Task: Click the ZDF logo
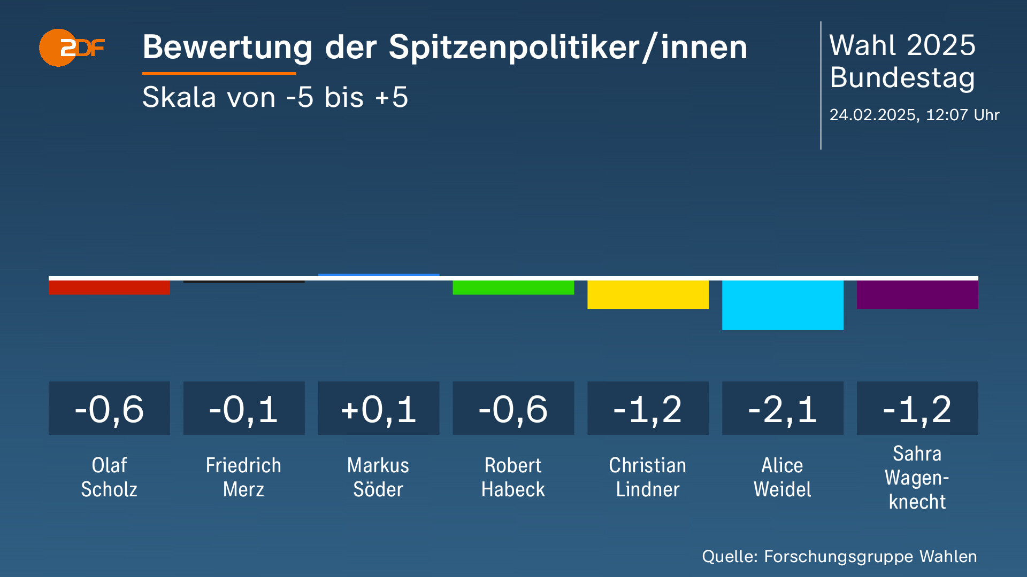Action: click(x=71, y=48)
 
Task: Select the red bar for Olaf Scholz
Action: click(x=109, y=287)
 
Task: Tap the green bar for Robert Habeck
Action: click(x=513, y=287)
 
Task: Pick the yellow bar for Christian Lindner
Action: click(x=648, y=294)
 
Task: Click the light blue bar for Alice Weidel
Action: click(x=783, y=305)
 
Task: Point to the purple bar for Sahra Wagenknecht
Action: click(x=917, y=294)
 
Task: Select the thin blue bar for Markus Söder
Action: click(x=379, y=275)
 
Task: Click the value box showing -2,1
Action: click(x=783, y=409)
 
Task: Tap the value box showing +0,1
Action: click(x=379, y=409)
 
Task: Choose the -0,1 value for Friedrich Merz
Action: click(x=244, y=409)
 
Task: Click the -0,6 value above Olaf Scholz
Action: click(x=109, y=409)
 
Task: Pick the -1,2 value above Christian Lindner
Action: click(x=648, y=409)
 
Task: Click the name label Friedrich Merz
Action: click(x=244, y=477)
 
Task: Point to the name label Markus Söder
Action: click(x=379, y=477)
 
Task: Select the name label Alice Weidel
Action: click(x=783, y=477)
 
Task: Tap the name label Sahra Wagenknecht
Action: click(x=917, y=477)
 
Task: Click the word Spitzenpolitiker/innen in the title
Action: click(x=568, y=48)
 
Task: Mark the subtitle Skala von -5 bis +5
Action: click(x=275, y=97)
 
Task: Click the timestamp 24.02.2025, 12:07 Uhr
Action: click(x=914, y=115)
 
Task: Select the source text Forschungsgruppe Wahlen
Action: click(x=870, y=557)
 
